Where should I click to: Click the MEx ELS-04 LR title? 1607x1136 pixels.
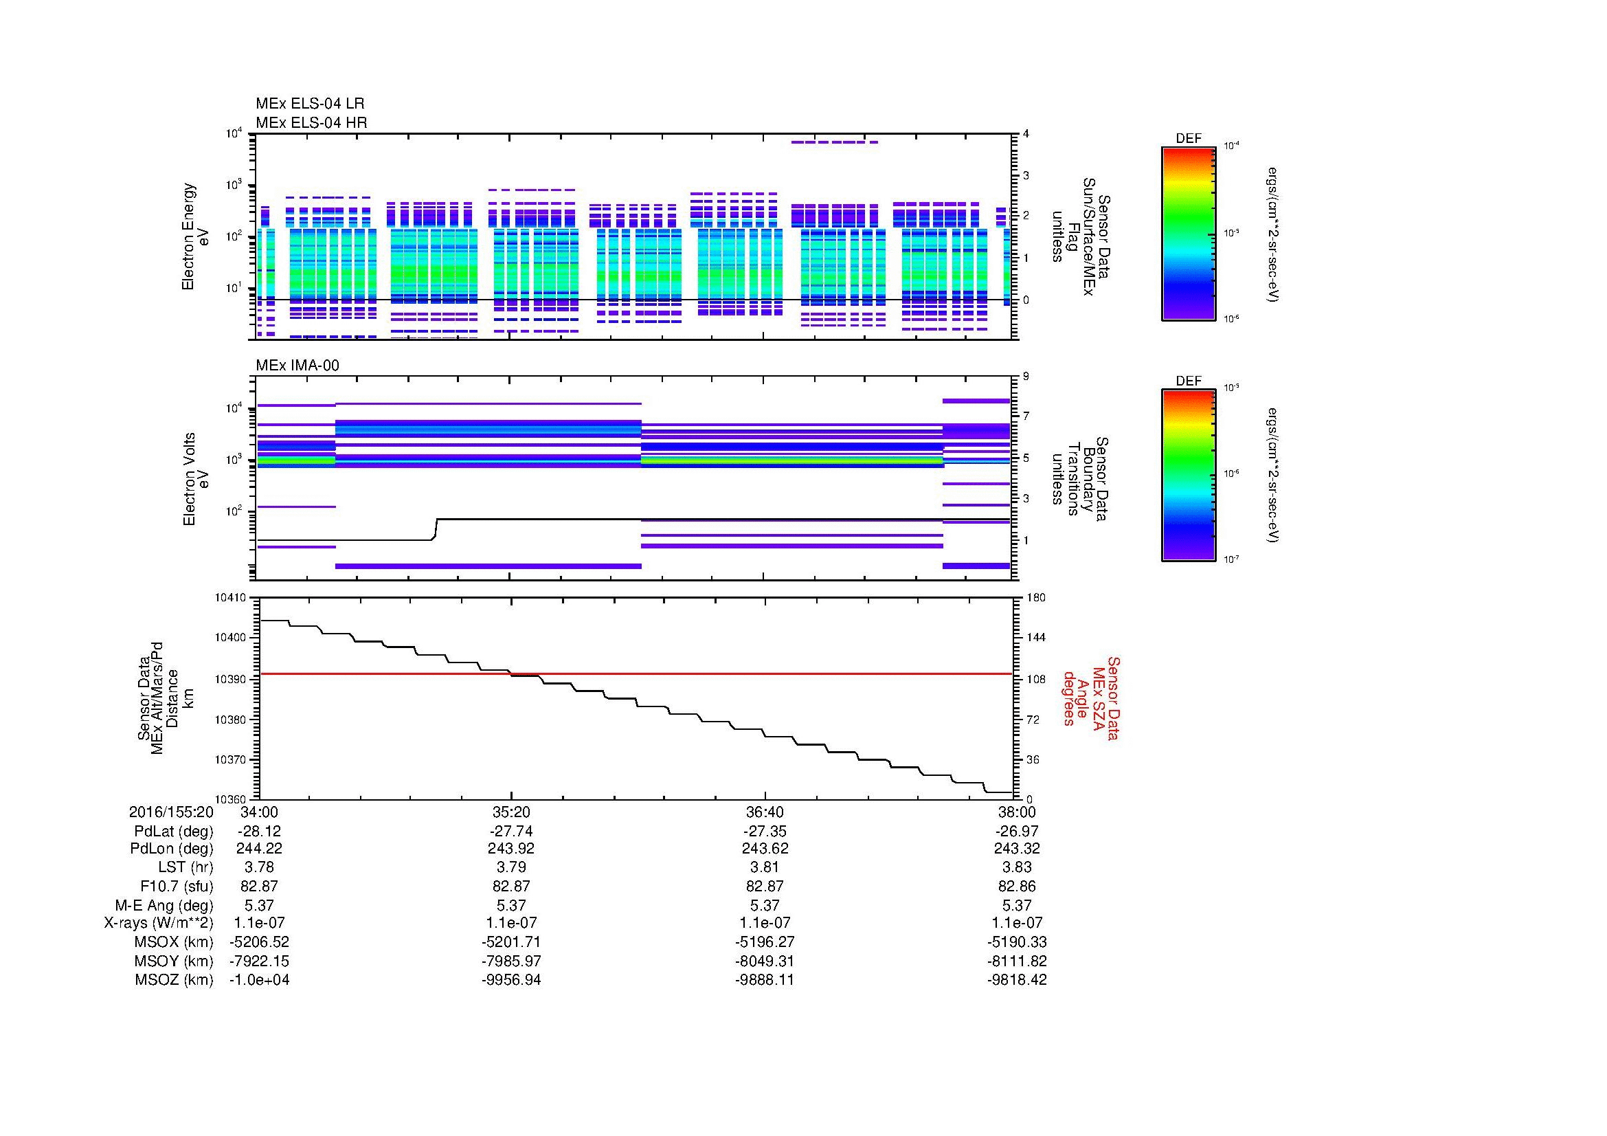coord(309,104)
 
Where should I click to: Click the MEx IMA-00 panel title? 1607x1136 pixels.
coord(297,366)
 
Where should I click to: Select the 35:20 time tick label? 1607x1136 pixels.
coord(511,812)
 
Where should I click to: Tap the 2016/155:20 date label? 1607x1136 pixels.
coord(171,812)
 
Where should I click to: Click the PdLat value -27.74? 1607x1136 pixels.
coord(511,831)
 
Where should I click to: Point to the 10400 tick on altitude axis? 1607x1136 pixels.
coord(230,638)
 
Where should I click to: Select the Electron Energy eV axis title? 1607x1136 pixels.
coord(196,236)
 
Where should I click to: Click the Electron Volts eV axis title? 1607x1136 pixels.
coord(196,479)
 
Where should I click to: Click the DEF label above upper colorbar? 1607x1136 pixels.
coord(1188,139)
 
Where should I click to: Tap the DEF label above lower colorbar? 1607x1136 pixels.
coord(1188,381)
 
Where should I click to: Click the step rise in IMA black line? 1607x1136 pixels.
coord(436,529)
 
